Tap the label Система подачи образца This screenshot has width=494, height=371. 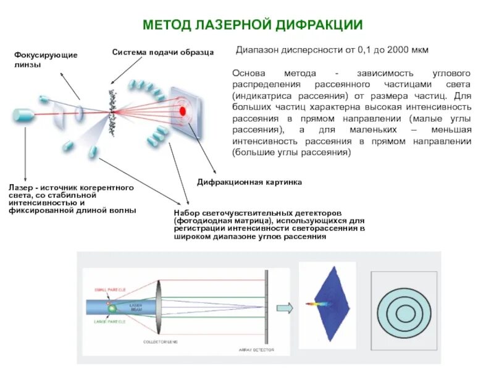162,52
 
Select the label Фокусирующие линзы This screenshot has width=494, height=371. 46,60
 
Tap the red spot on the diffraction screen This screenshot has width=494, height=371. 182,111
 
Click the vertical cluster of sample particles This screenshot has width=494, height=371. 113,110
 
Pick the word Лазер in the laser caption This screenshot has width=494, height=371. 21,187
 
